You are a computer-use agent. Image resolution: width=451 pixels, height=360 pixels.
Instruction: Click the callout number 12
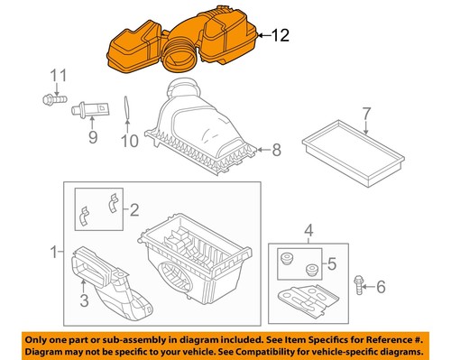point(281,35)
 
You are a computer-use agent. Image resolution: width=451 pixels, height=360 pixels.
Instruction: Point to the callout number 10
point(128,141)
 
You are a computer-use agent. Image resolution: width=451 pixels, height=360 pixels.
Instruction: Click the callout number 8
point(277,148)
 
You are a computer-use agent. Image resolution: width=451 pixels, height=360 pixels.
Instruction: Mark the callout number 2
point(134,211)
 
